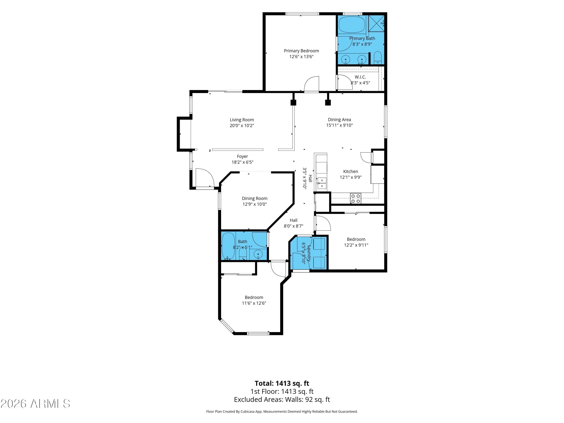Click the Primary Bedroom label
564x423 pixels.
pyautogui.click(x=301, y=51)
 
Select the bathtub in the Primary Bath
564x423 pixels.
pyautogui.click(x=352, y=25)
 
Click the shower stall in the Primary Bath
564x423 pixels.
pyautogui.click(x=376, y=23)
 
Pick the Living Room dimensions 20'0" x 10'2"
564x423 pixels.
pyautogui.click(x=242, y=125)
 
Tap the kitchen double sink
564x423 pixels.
pyautogui.click(x=322, y=183)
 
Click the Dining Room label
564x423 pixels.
pyautogui.click(x=255, y=198)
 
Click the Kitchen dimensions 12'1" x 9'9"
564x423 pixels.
pyautogui.click(x=351, y=177)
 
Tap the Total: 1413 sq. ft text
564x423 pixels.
pyautogui.click(x=282, y=383)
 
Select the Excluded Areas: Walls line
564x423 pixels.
pyautogui.click(x=282, y=399)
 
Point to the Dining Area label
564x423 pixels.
pyautogui.click(x=339, y=120)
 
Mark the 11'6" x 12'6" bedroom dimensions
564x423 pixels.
pyautogui.click(x=254, y=303)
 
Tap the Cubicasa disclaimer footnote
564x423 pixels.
pyautogui.click(x=282, y=411)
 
